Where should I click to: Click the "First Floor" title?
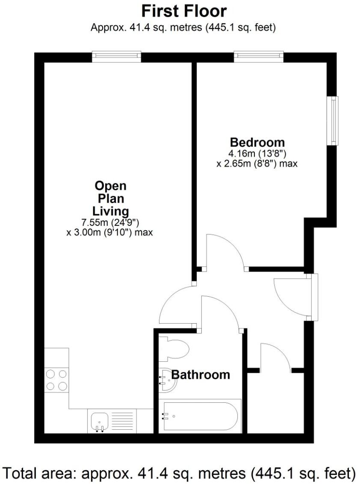(x=184, y=10)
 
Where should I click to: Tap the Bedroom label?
(x=257, y=142)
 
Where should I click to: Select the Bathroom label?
(x=201, y=375)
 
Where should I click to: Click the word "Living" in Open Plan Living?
(x=110, y=211)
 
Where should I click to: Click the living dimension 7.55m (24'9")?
(x=110, y=223)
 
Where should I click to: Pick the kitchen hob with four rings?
(x=56, y=380)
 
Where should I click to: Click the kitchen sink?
(x=101, y=421)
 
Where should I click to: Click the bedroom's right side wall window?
(x=333, y=120)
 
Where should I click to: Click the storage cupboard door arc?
(x=276, y=355)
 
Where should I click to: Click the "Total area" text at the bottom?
(x=180, y=473)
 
